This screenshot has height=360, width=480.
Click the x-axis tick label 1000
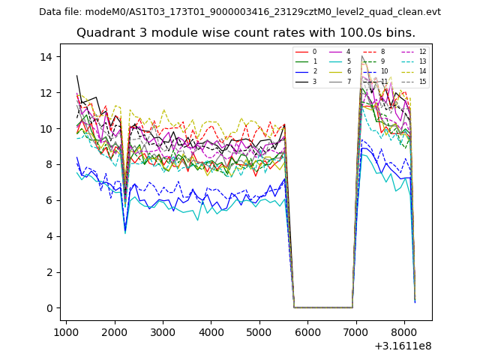66,331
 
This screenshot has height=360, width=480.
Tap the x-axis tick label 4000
211,331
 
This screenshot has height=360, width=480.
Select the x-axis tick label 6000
307,331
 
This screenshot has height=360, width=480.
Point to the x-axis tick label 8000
404,331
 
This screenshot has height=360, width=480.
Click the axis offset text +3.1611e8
402,345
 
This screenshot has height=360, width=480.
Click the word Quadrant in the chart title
103,33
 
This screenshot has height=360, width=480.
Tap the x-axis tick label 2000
114,331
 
